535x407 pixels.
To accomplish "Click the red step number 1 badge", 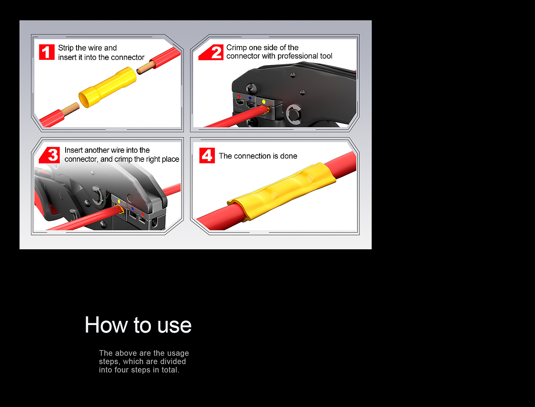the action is coord(46,52).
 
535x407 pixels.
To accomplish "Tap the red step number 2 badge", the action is coord(211,52).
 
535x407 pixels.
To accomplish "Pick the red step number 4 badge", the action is coord(207,155).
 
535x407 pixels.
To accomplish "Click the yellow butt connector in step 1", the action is coord(107,87).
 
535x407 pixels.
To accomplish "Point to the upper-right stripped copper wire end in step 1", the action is coord(146,68).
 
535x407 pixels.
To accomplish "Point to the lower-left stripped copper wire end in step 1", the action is coord(70,109).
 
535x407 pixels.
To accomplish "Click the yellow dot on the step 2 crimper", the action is coord(264,102).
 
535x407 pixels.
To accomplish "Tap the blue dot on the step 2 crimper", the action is coord(250,98).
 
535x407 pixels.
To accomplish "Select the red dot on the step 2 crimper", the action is coord(239,96).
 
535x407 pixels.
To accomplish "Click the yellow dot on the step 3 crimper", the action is coord(119,202).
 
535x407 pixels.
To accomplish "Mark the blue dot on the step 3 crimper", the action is coord(132,209).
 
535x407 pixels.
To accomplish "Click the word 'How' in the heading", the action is coord(106,325).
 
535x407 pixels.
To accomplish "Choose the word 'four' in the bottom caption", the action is coord(122,370).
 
